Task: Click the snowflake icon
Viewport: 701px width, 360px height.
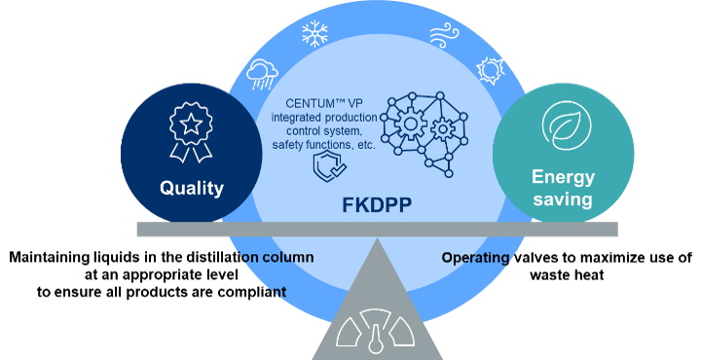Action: (314, 36)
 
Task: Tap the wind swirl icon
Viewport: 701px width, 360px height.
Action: (444, 36)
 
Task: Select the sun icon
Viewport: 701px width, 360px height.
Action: (490, 70)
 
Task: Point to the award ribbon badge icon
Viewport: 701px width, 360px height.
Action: (191, 132)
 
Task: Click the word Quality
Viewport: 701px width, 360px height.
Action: (192, 188)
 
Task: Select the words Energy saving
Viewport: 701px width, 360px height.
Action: (563, 187)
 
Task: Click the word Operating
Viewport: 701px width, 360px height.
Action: (475, 258)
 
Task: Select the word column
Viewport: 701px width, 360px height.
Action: (288, 258)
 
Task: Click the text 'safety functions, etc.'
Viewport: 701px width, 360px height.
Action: (318, 144)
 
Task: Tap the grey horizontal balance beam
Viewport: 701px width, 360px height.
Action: (377, 229)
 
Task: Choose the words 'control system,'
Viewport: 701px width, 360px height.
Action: (318, 130)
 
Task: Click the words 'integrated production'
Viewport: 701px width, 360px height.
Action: (318, 117)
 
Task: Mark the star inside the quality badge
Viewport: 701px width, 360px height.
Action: (191, 124)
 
